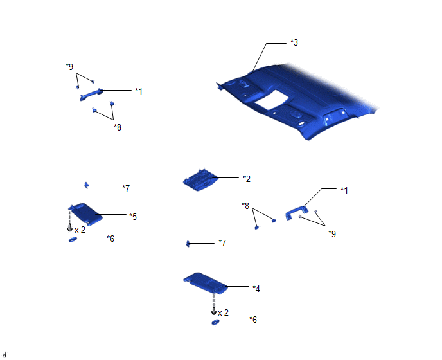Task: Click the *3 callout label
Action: pos(294,42)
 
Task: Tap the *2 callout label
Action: pos(246,179)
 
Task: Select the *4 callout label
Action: pos(256,289)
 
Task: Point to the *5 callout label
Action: pos(133,217)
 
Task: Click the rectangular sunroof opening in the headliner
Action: pos(272,100)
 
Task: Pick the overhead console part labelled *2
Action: pos(200,180)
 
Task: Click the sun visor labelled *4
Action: pos(205,282)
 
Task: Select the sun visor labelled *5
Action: pos(85,214)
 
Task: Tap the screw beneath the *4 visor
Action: pos(214,312)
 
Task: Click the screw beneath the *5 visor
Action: pos(70,228)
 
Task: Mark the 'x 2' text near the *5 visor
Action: pos(80,230)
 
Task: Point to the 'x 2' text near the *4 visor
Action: pos(224,312)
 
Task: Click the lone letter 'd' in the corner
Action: pos(4,355)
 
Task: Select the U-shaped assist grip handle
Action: pos(297,213)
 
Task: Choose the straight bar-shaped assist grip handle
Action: pos(91,94)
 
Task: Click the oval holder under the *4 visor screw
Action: pos(215,322)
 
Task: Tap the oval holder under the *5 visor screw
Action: pos(73,240)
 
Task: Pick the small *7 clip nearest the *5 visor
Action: pos(86,185)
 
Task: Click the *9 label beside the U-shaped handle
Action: pos(332,234)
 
